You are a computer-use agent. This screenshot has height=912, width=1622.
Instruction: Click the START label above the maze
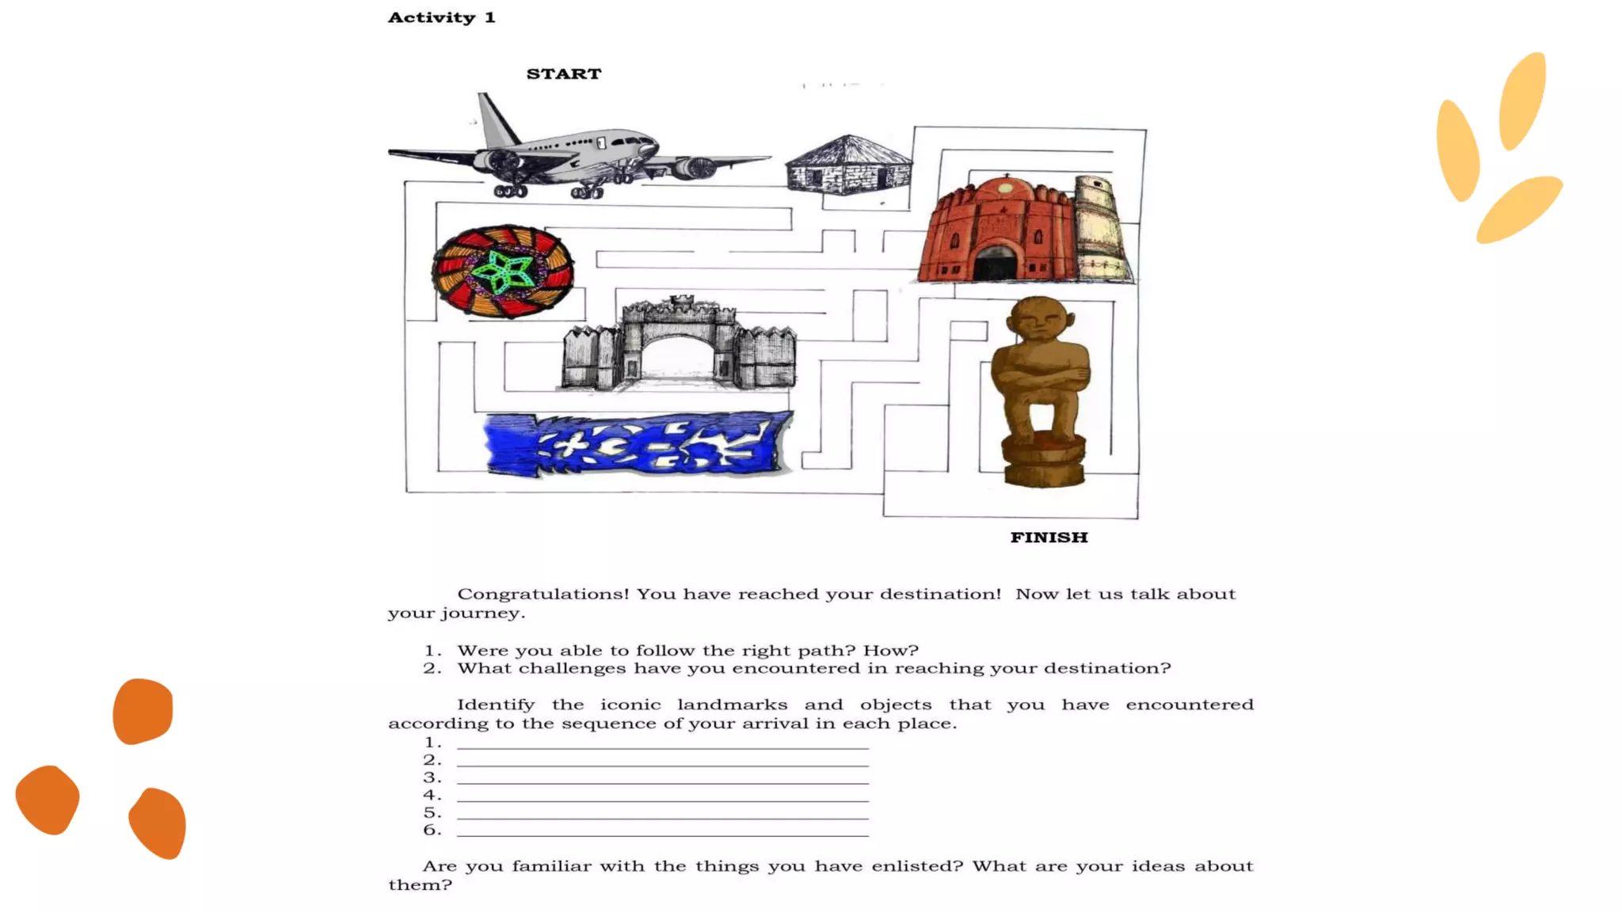[x=564, y=74]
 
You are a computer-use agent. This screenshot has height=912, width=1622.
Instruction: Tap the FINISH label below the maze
[x=1049, y=538]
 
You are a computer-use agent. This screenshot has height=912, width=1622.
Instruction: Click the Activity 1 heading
[x=441, y=17]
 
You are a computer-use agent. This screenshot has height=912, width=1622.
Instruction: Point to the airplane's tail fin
[x=496, y=118]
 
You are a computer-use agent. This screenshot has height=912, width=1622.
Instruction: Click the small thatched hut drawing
[x=848, y=165]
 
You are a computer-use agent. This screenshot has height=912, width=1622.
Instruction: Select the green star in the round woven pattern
[x=503, y=272]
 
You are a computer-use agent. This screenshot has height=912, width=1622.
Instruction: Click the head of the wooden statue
[x=1040, y=320]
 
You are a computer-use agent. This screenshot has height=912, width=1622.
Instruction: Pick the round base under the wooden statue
[x=1044, y=462]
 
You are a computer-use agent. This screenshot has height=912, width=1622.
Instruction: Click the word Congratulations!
[x=543, y=594]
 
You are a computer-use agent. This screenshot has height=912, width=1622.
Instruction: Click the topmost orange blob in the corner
[x=143, y=710]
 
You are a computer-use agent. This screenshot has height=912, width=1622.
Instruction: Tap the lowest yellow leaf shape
[x=1519, y=209]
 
